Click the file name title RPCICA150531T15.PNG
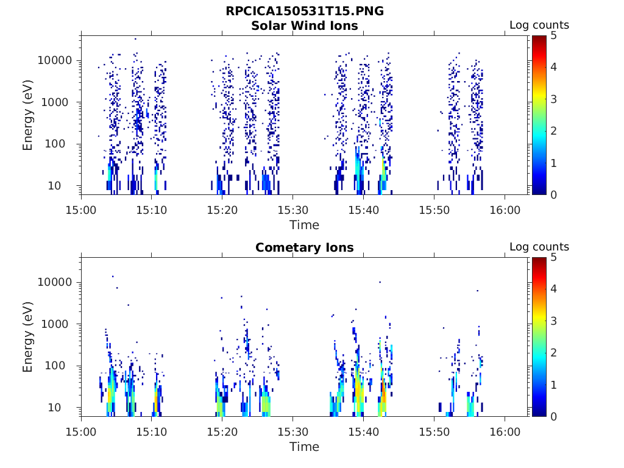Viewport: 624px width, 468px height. coord(304,12)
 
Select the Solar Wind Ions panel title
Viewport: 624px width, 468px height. coord(304,26)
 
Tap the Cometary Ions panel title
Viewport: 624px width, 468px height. coord(304,247)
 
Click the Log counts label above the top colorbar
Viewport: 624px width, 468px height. coord(539,26)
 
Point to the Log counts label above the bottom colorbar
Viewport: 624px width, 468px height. coord(539,247)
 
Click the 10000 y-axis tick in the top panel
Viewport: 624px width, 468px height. coord(55,61)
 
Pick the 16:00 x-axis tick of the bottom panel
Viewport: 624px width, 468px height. coord(505,431)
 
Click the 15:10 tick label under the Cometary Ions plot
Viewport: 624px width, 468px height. coord(152,431)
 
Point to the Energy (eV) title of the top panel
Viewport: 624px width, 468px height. coord(28,115)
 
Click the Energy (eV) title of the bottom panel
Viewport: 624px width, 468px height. coord(28,337)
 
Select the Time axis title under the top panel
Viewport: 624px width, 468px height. coord(304,225)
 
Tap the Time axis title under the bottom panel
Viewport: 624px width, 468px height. coord(304,447)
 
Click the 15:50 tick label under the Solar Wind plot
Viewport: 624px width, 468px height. coord(434,210)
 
